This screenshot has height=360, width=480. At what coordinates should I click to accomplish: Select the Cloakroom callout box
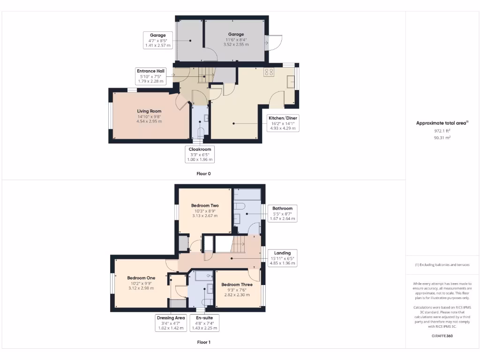(201, 154)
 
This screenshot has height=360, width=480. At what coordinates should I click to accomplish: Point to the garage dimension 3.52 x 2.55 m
(236, 45)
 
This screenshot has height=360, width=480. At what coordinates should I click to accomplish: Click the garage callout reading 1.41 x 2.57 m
(158, 46)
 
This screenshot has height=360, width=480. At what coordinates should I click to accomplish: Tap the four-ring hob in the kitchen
(269, 72)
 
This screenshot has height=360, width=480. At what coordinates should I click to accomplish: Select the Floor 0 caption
(203, 173)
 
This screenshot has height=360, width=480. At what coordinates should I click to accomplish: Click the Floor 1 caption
(203, 342)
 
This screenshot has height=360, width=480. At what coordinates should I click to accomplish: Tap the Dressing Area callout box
(171, 323)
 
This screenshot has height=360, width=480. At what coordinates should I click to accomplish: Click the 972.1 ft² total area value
(442, 131)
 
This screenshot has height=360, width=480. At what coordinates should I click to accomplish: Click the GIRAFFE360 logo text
(442, 336)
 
